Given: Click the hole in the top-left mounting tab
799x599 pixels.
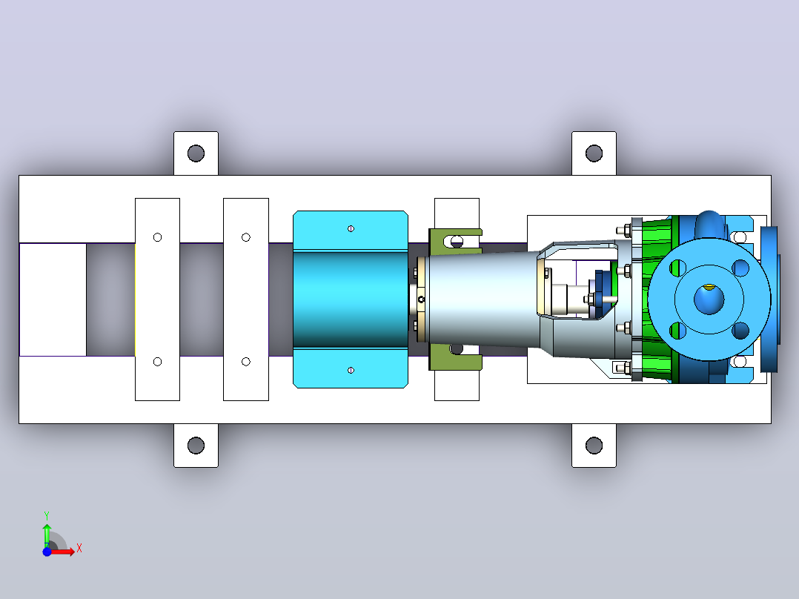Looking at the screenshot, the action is [196, 153].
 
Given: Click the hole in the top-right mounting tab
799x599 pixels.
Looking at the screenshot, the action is [594, 153].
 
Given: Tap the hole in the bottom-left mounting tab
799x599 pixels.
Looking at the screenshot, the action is [196, 445].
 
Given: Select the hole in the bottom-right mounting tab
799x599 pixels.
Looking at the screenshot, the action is [594, 445].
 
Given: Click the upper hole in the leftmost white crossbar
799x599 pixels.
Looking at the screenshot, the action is [157, 237].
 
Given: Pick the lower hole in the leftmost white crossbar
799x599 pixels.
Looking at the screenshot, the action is [157, 362].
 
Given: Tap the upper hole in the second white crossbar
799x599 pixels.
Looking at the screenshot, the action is [245, 237].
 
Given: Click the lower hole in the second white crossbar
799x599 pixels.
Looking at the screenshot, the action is [245, 362].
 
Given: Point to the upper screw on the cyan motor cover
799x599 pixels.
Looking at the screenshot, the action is [351, 228].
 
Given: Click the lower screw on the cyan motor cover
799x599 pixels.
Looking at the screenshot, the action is [351, 370].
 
